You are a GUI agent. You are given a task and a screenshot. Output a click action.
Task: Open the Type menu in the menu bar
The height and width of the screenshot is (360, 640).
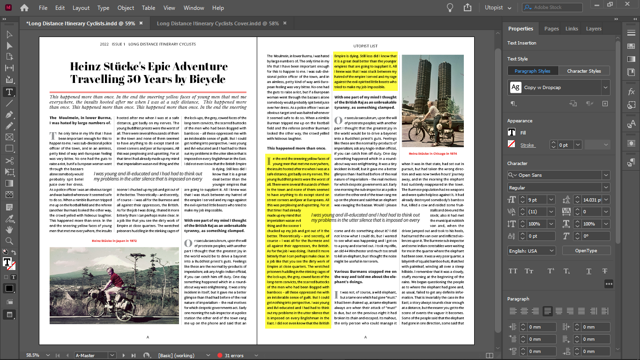pos(103,8)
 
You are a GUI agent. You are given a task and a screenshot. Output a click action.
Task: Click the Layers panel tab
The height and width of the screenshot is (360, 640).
pos(593,29)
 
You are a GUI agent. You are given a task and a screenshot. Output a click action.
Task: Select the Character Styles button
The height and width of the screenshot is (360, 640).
pos(584,71)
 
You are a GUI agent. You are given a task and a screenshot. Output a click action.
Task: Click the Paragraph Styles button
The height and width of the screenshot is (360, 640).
pos(532,71)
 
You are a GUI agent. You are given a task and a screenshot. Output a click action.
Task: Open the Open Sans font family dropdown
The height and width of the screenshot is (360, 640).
pos(558,175)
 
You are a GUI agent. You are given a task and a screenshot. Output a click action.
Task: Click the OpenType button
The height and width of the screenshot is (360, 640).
pos(586,251)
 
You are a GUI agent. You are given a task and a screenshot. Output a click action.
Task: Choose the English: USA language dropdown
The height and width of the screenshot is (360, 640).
pos(531,251)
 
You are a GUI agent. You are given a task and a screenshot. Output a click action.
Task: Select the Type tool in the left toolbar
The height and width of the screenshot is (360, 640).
pos(9,91)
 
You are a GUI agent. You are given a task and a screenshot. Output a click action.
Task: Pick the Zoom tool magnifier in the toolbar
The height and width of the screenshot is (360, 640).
pos(9,241)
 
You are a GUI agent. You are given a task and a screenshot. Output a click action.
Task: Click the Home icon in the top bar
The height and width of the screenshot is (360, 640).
pos(24,7)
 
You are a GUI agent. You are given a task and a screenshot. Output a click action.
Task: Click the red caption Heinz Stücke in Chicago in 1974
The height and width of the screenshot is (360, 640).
pos(432,153)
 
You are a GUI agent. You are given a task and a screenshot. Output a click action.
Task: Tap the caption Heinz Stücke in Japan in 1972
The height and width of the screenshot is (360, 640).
pos(114,240)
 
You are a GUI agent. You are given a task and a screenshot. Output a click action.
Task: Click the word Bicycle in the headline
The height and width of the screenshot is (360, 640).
pos(207,79)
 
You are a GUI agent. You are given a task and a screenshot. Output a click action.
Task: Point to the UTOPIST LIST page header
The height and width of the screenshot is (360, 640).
pos(365,46)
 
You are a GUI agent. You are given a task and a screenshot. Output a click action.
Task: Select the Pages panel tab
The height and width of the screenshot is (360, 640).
pos(551,29)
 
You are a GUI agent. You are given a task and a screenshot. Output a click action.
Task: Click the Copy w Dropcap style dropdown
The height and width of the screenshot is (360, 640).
pos(558,87)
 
